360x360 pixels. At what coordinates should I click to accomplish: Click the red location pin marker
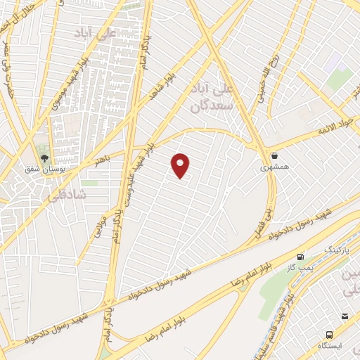click(181, 165)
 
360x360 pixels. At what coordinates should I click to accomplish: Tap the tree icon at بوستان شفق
click(44, 159)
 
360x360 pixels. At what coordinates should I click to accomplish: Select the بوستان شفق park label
click(44, 171)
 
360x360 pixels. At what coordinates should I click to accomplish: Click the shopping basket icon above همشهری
click(273, 155)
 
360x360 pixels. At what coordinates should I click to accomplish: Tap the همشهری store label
click(273, 167)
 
